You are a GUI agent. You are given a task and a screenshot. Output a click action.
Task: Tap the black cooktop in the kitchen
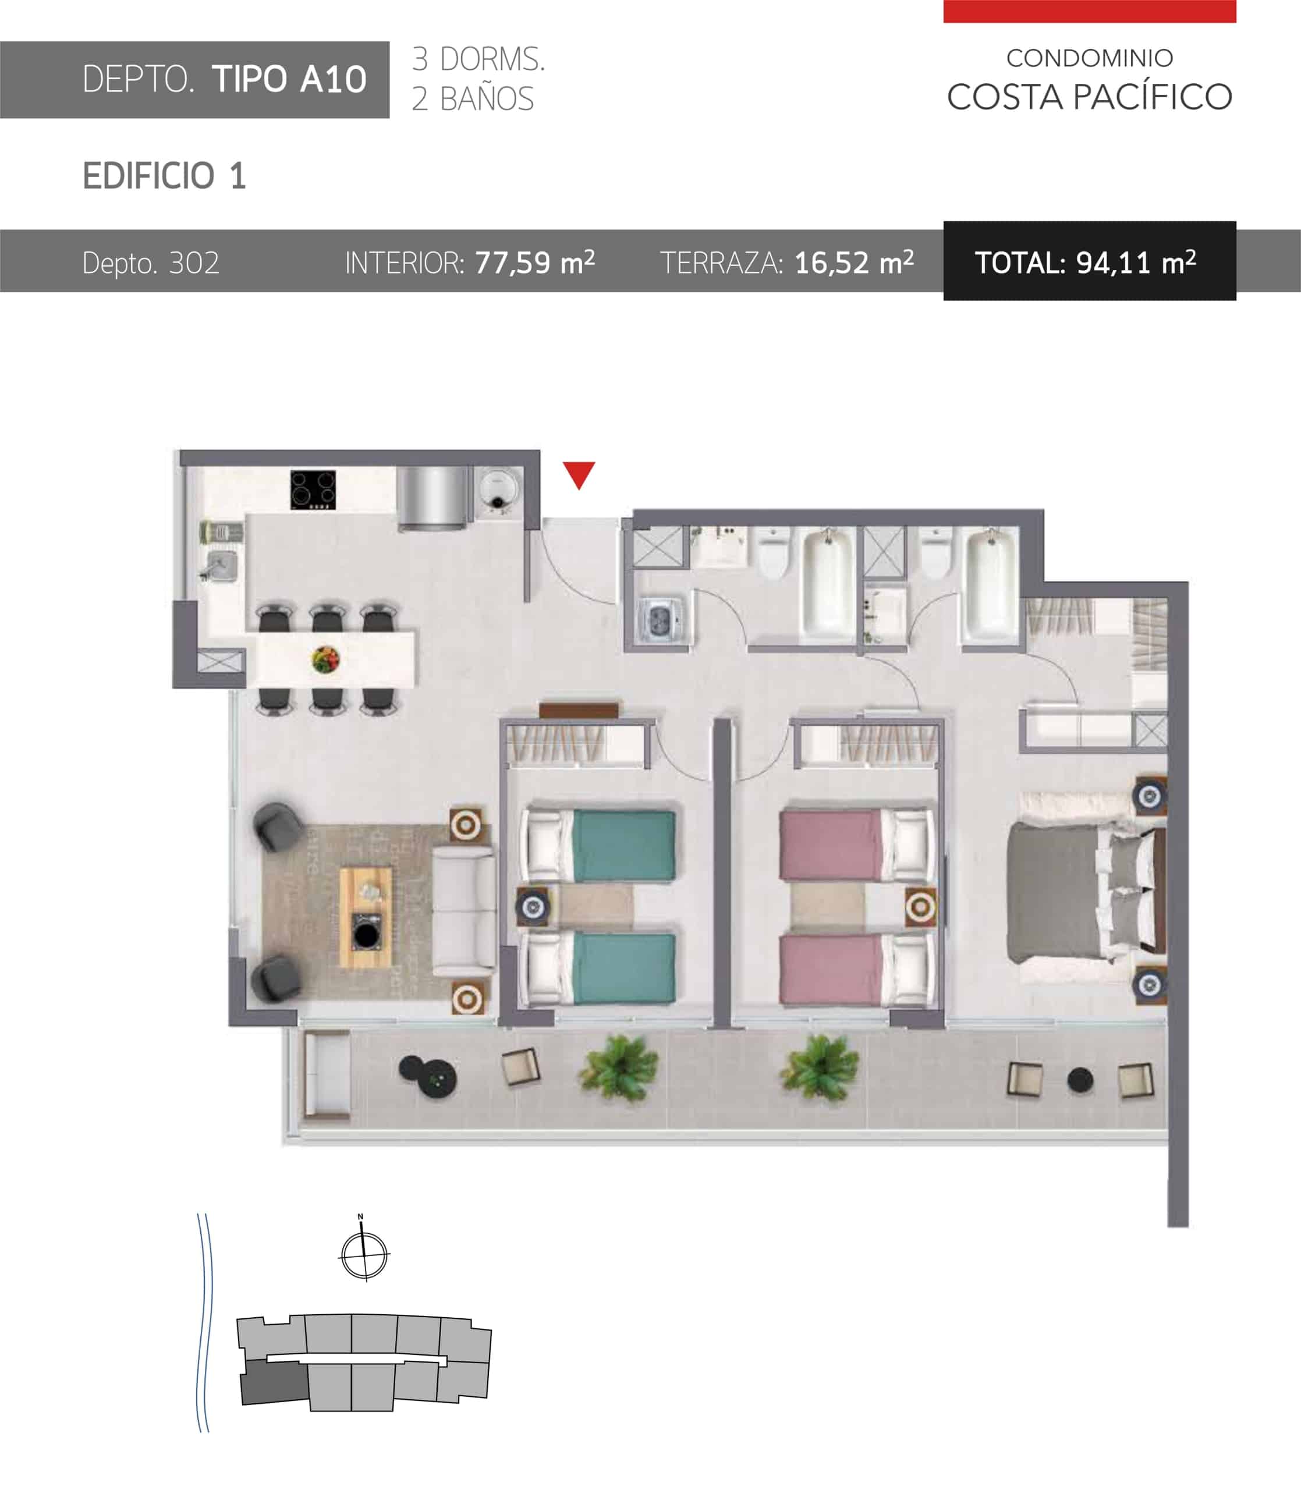(313, 490)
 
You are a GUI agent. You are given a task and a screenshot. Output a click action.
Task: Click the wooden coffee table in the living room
(365, 917)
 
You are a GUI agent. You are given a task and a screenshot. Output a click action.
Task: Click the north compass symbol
(364, 1254)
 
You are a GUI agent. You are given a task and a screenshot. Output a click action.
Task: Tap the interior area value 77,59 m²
(535, 262)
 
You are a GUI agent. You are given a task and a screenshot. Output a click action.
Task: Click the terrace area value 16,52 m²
(855, 262)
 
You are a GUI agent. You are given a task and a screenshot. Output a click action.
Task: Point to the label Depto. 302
(151, 262)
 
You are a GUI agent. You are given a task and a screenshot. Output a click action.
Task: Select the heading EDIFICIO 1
(165, 176)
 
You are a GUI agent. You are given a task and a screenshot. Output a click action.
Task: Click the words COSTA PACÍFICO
(1090, 97)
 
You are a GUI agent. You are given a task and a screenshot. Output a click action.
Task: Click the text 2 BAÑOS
(473, 99)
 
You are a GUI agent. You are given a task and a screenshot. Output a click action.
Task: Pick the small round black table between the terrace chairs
(1080, 1081)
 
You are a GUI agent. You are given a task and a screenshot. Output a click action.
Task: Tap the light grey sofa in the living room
(465, 912)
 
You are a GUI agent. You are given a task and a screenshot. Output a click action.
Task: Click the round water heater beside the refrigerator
(500, 488)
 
